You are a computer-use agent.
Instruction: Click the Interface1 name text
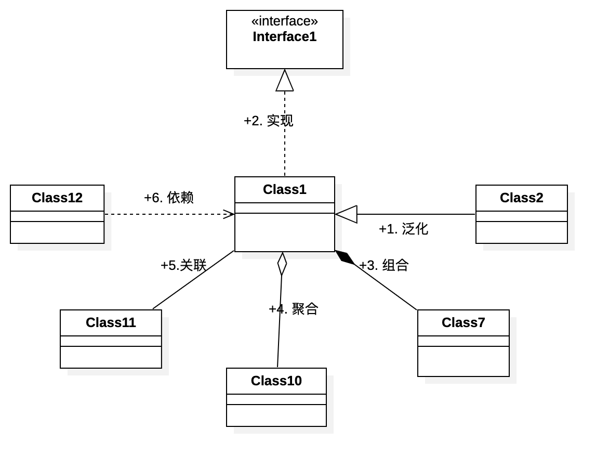coord(284,36)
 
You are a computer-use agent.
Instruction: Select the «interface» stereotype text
coord(284,21)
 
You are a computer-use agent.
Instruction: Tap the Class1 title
coord(284,189)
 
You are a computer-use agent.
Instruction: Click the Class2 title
coord(521,198)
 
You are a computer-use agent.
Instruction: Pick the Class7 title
coord(463,322)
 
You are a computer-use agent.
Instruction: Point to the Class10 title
coord(276,381)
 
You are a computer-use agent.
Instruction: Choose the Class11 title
coord(111,322)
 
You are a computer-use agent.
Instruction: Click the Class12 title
coord(57,198)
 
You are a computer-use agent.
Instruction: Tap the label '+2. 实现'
coord(268,121)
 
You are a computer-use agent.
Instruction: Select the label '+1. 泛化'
coord(404,229)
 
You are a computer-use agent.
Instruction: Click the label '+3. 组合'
coord(383,265)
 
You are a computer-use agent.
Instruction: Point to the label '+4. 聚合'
coord(294,309)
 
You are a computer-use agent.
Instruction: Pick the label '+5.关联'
coord(183,265)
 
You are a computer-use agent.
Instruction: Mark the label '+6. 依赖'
coord(168,198)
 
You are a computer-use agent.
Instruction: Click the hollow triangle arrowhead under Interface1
coord(285,81)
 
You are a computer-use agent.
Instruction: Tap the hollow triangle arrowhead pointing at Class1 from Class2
coord(346,214)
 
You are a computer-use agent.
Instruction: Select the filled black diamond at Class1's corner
coord(345,257)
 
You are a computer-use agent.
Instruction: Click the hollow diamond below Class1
coord(282,264)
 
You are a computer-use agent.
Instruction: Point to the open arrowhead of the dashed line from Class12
coord(229,214)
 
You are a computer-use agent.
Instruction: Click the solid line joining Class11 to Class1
coord(193,280)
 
